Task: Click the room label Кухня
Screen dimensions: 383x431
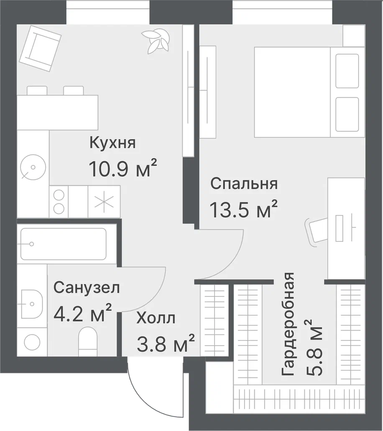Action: click(x=112, y=143)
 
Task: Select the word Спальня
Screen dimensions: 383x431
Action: click(x=244, y=184)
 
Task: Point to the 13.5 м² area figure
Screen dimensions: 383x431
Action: click(x=243, y=209)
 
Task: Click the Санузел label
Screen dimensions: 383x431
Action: click(x=87, y=288)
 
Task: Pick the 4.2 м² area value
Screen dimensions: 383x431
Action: click(x=83, y=313)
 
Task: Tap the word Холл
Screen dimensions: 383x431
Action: click(x=156, y=318)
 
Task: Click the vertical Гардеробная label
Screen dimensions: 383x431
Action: click(x=288, y=324)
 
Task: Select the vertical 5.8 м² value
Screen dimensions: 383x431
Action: click(x=313, y=347)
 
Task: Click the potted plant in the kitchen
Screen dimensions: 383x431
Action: click(x=156, y=41)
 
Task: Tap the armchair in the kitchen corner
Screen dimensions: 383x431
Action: click(x=40, y=48)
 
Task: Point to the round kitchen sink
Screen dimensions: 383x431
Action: click(x=33, y=167)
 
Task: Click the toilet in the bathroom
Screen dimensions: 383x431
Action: click(x=88, y=342)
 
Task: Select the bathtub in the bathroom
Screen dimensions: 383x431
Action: click(x=64, y=244)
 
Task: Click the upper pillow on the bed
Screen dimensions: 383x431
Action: click(x=347, y=71)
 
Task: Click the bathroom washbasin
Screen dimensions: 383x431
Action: click(x=31, y=304)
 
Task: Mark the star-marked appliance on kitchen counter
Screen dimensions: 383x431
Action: click(x=104, y=201)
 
